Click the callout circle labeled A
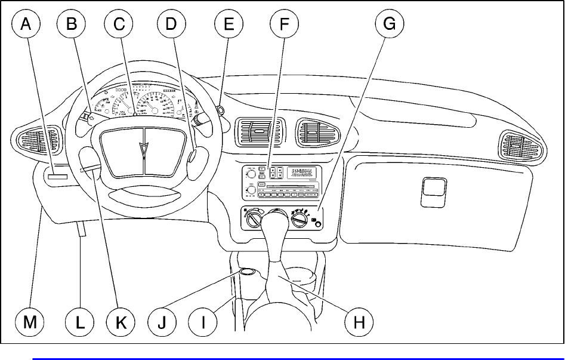[26, 24]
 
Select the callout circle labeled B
[72, 24]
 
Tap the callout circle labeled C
[119, 24]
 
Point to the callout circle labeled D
[171, 24]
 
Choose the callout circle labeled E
[229, 24]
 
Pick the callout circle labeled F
[284, 24]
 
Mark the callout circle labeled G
[389, 24]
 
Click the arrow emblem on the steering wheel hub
[143, 152]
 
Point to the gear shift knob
[277, 227]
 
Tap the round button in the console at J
[247, 274]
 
